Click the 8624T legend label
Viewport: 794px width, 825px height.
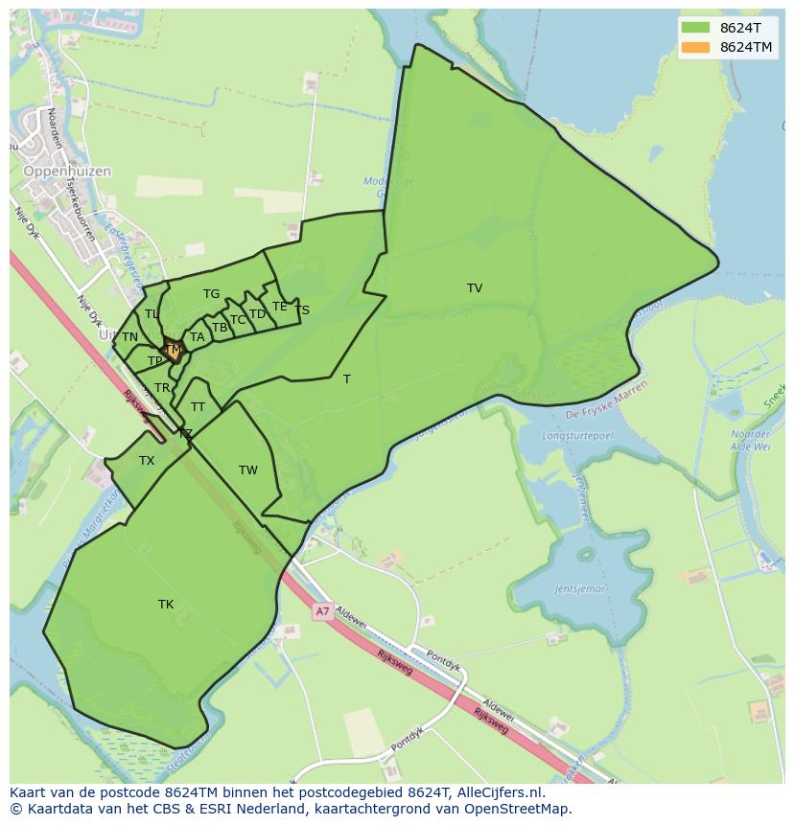[x=741, y=28]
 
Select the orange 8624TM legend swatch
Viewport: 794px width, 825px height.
[x=695, y=47]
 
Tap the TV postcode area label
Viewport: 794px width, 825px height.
[x=475, y=288]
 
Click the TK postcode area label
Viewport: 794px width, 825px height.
[x=166, y=605]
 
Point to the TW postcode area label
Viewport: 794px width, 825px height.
[x=248, y=470]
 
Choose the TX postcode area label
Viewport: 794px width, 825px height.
[x=147, y=462]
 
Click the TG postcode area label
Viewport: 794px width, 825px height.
[x=211, y=294]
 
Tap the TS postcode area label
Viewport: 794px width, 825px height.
[x=302, y=310]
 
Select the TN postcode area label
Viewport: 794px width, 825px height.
[x=129, y=337]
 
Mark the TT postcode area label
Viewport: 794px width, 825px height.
[x=198, y=407]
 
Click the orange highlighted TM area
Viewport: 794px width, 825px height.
[x=174, y=351]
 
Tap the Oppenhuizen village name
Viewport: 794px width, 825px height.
[x=67, y=172]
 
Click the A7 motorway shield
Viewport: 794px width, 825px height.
[x=322, y=610]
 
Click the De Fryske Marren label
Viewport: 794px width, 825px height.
[x=606, y=400]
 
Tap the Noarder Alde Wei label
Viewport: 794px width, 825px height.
[x=750, y=440]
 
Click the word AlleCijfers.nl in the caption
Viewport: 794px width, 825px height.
[x=500, y=793]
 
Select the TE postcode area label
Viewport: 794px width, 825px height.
[x=280, y=308]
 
